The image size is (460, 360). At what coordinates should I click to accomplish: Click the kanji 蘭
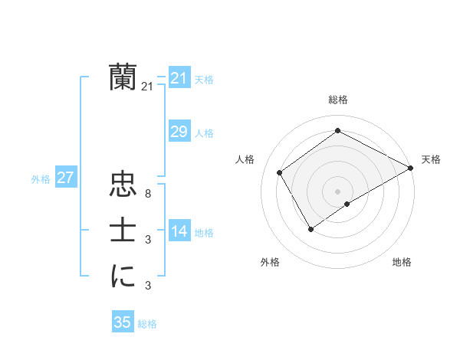[x=123, y=77]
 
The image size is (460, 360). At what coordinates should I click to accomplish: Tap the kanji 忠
[x=123, y=185]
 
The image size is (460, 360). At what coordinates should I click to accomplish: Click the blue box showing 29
[x=179, y=132]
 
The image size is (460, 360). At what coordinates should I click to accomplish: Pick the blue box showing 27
[x=65, y=178]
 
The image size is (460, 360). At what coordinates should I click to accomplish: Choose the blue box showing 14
[x=179, y=231]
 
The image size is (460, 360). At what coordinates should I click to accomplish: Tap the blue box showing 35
[x=122, y=322]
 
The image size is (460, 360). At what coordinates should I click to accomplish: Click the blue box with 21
[x=179, y=78]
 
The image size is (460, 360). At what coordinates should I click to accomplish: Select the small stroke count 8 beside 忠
[x=147, y=194]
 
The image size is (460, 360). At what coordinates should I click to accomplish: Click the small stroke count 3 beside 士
[x=147, y=240]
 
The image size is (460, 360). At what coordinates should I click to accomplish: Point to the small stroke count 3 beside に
[x=147, y=286]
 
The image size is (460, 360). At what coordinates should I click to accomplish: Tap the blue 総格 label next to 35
[x=147, y=324]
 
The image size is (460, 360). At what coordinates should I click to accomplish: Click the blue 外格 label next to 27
[x=41, y=179]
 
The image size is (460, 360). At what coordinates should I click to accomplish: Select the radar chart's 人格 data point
[x=280, y=172]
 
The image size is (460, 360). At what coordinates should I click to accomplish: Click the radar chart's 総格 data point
[x=337, y=131]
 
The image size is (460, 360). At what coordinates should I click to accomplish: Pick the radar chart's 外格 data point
[x=310, y=228]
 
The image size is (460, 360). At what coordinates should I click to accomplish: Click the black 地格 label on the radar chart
[x=402, y=263]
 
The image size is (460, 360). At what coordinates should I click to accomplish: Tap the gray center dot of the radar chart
[x=337, y=191]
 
